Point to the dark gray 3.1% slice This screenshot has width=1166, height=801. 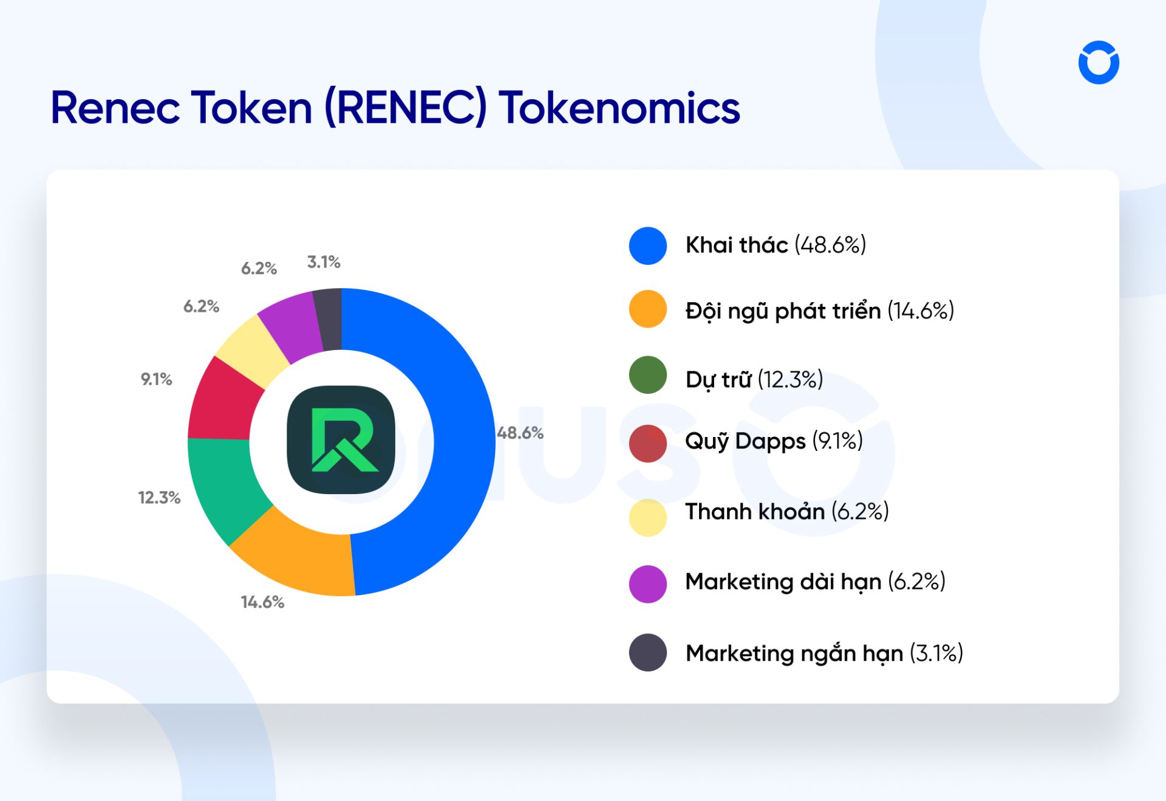point(329,320)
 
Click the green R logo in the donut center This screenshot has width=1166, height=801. point(341,440)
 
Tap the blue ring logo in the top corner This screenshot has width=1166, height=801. point(1099,63)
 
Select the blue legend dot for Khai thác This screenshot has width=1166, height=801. point(648,246)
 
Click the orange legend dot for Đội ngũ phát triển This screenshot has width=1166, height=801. point(648,309)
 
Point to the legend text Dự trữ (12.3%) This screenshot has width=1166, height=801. point(754,379)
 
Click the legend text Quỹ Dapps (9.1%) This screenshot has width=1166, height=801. point(774,441)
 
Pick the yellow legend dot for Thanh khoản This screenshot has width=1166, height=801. point(648,518)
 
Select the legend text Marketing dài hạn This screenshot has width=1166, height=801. point(783,582)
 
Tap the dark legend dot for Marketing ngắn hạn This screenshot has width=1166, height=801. point(648,653)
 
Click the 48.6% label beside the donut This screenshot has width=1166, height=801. point(520,433)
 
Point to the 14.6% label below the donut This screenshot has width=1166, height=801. point(262,602)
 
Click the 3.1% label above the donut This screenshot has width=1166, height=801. point(324,262)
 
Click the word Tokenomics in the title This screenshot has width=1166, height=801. point(619,108)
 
